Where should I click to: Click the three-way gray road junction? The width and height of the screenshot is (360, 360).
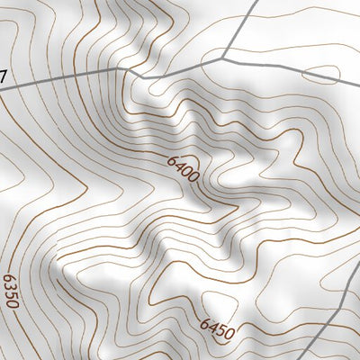(224, 58)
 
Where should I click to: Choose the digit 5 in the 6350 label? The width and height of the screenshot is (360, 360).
(11, 284)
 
